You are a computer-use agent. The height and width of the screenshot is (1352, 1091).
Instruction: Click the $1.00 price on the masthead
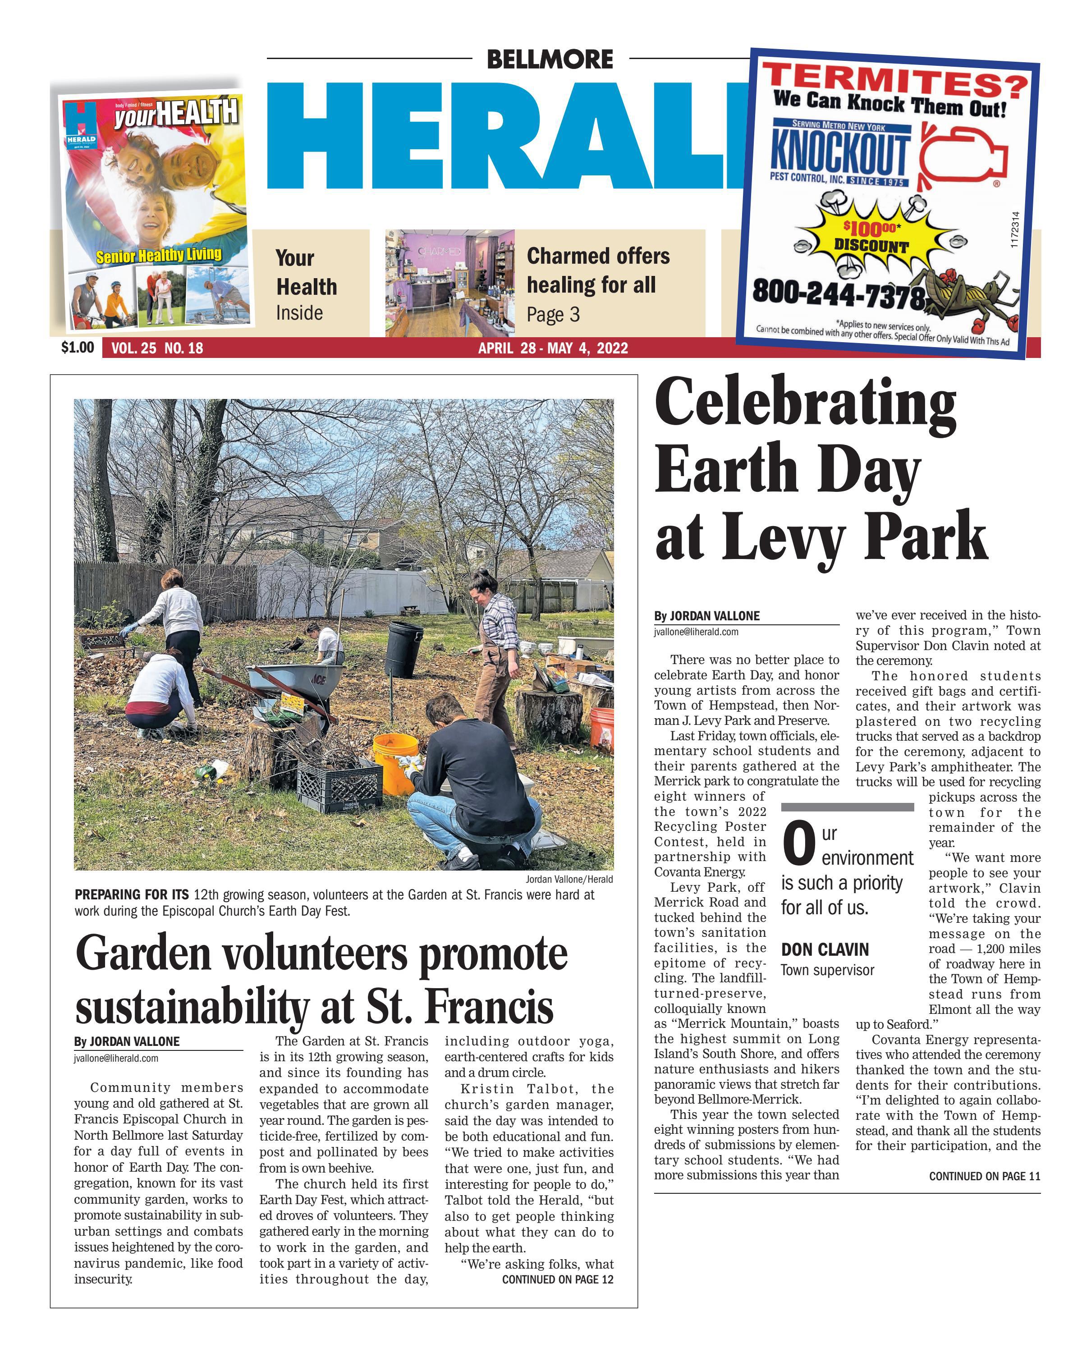click(77, 347)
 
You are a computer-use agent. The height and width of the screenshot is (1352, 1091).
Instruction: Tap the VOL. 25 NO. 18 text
click(156, 348)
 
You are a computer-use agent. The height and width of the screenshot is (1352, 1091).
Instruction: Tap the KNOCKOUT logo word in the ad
click(839, 151)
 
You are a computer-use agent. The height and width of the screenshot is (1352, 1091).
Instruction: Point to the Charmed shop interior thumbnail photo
click(449, 282)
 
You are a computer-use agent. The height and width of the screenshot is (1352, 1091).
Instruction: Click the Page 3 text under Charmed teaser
click(553, 314)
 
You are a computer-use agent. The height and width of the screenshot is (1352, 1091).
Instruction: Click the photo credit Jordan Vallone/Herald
click(569, 879)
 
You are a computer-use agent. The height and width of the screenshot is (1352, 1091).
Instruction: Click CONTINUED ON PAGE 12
click(557, 1279)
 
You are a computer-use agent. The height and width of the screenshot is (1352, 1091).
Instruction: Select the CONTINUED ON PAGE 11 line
click(984, 1176)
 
